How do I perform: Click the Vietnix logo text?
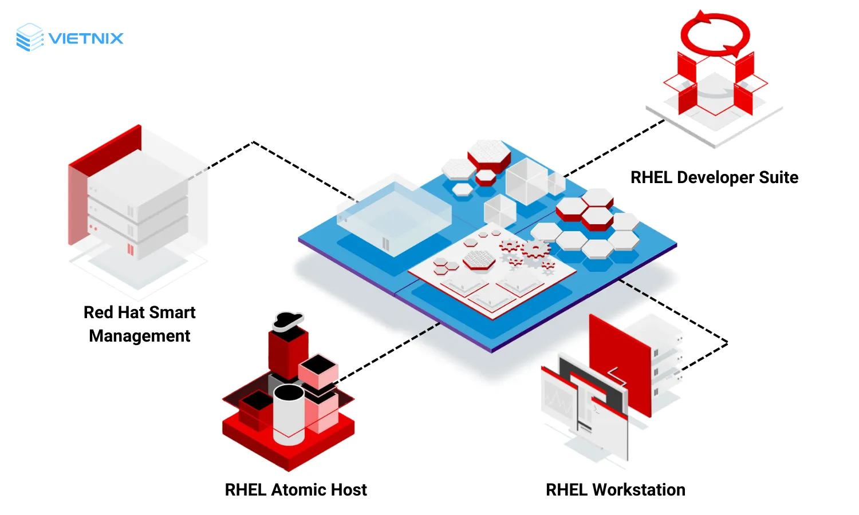tap(86, 38)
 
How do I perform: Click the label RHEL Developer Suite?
tap(714, 177)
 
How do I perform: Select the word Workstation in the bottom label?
tap(639, 490)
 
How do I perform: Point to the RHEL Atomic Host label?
tap(295, 490)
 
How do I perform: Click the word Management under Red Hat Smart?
tap(139, 336)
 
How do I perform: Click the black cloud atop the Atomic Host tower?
tap(287, 320)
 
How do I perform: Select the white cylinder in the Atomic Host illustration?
tap(289, 415)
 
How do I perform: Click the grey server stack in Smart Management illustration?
tap(137, 212)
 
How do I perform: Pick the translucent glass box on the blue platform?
tap(394, 217)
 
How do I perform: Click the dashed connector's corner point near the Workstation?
tap(727, 343)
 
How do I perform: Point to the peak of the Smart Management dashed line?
tap(253, 142)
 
